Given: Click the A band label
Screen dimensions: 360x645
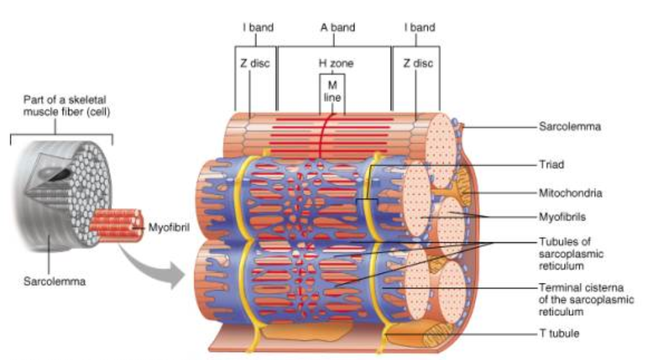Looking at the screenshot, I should (337, 28).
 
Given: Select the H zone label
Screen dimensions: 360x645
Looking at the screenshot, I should (335, 63).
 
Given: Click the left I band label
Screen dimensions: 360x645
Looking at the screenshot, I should (258, 28).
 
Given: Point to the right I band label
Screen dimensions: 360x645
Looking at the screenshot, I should (420, 28).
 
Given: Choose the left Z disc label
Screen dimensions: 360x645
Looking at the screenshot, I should (255, 63).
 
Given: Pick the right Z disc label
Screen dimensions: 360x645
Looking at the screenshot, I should (418, 63).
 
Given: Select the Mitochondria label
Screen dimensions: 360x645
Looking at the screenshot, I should (570, 193).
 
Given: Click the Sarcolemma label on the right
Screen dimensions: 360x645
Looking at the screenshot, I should (570, 127).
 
